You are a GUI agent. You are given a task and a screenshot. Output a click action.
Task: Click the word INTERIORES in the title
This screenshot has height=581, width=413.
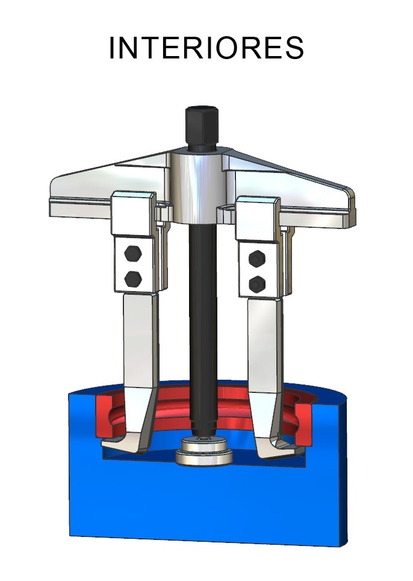pyautogui.click(x=206, y=48)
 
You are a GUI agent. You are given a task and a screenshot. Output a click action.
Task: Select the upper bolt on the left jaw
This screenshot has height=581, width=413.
pyautogui.click(x=132, y=254)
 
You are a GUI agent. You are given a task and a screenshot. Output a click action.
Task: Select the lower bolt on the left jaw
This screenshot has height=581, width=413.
pyautogui.click(x=132, y=278)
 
